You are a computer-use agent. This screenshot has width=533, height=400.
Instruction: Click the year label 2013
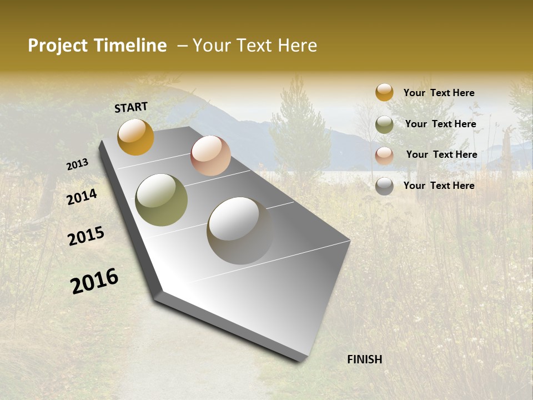tap(78, 164)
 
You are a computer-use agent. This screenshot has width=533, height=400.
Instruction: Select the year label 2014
tap(82, 197)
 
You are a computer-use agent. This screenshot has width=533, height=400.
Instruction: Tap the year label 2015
tap(86, 236)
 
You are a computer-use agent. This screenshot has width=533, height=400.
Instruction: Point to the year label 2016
tap(94, 281)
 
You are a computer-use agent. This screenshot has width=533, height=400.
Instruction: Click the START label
tap(131, 107)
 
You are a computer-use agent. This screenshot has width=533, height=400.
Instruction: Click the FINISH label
tap(365, 359)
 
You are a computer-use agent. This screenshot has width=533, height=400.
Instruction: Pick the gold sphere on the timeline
tap(135, 137)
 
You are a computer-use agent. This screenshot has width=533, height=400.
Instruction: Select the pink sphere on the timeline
tap(210, 156)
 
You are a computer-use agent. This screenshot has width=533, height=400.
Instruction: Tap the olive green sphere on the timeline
tap(162, 200)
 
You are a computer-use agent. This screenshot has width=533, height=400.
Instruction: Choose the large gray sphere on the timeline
tap(240, 231)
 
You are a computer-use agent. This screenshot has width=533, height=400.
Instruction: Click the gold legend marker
tap(384, 92)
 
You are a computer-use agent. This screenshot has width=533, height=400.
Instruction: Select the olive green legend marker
tap(384, 124)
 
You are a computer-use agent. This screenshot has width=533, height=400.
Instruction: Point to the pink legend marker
tap(384, 156)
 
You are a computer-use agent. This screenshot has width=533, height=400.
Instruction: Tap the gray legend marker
tap(384, 186)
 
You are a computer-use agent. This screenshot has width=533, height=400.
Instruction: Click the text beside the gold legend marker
tap(439, 93)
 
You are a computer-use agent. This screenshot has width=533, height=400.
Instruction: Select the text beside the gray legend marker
tap(439, 186)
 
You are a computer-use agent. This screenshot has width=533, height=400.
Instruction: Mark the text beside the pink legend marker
tap(441, 154)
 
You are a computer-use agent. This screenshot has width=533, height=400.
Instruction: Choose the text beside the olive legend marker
tap(440, 124)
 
